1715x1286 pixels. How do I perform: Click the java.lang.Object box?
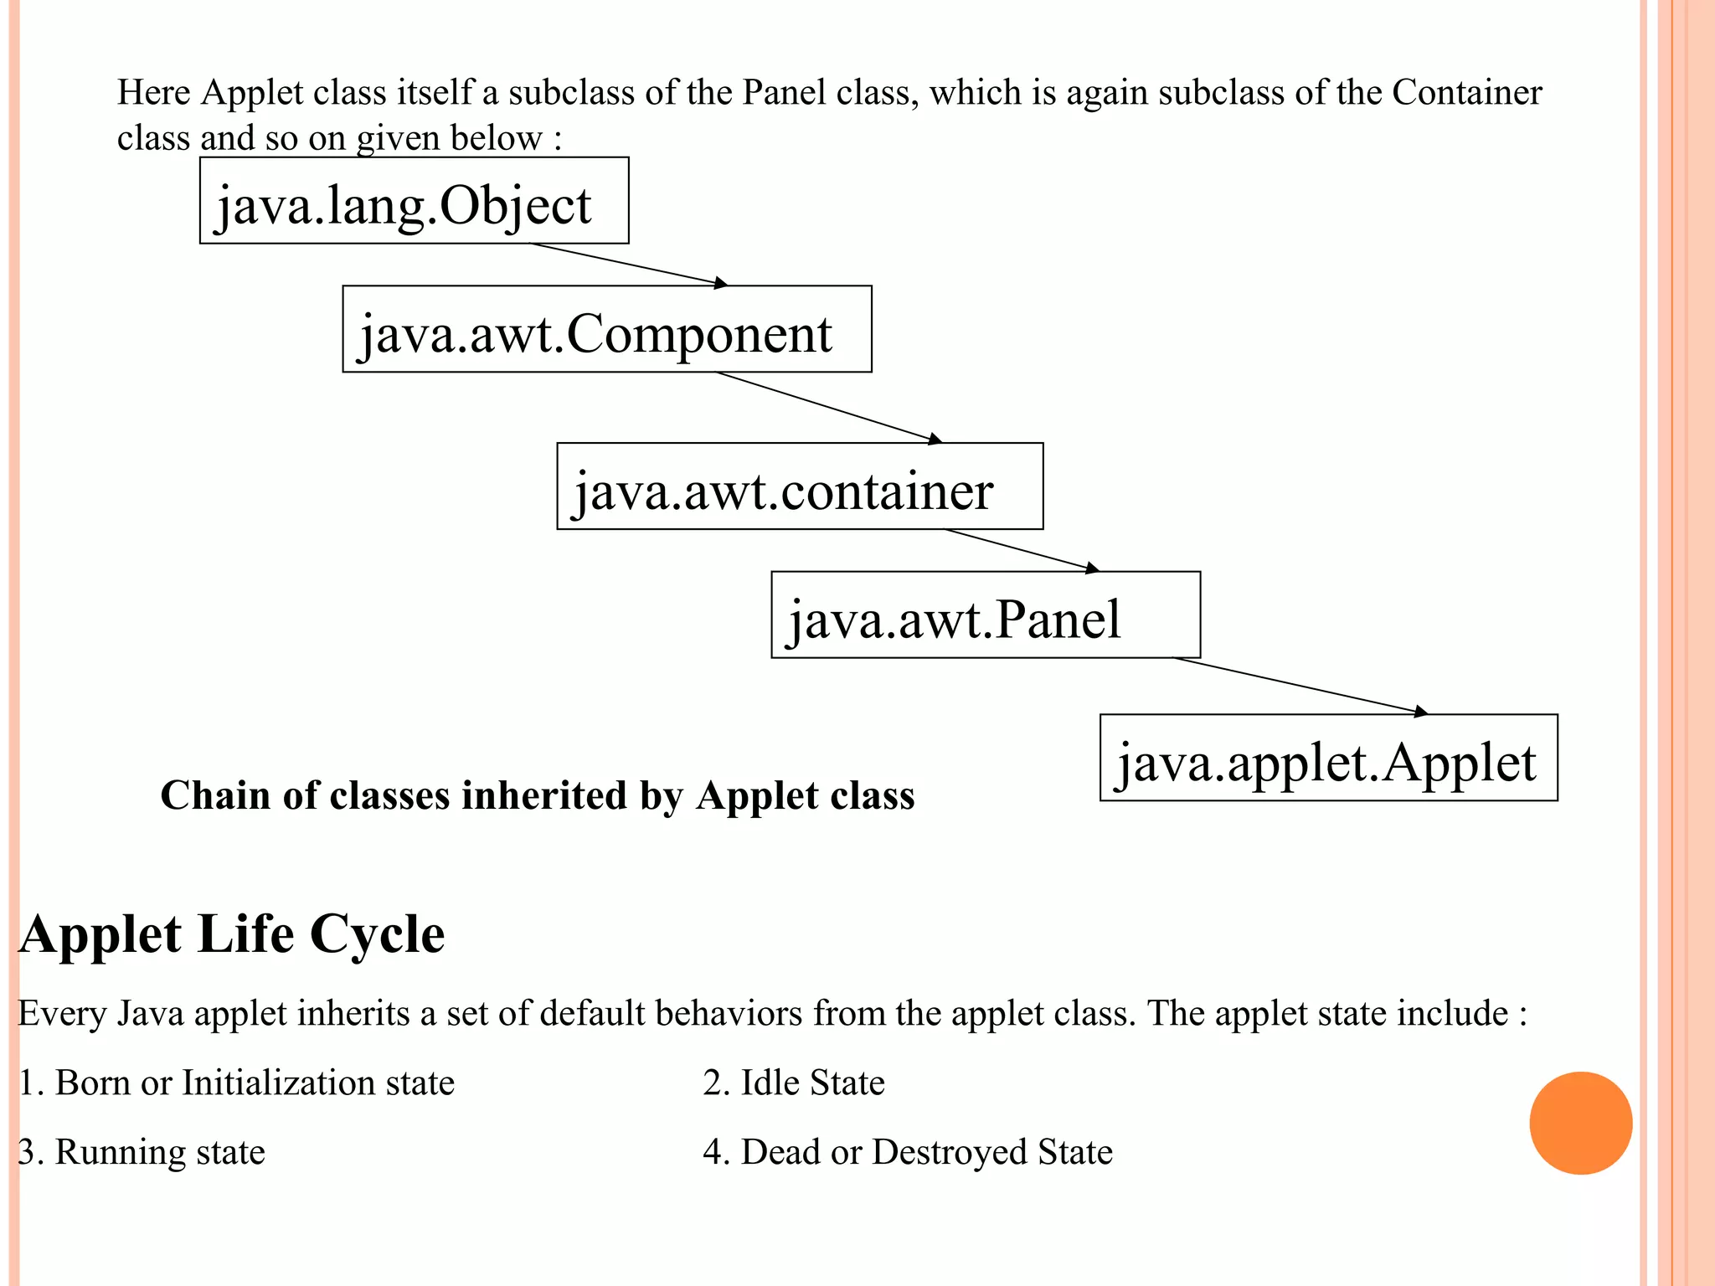tap(414, 201)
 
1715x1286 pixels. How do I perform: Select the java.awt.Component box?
tap(606, 329)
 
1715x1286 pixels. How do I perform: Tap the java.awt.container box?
tap(800, 486)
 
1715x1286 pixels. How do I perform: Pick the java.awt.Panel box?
tap(986, 615)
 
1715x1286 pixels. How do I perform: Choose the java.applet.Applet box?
tap(1328, 758)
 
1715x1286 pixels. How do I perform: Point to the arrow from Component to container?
tap(829, 408)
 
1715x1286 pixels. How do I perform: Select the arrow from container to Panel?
tap(1022, 551)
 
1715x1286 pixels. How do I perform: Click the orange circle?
tap(1580, 1123)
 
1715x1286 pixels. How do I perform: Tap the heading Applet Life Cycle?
tap(232, 934)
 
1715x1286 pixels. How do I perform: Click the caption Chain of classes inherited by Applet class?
tap(538, 795)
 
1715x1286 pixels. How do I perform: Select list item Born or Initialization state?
tap(236, 1083)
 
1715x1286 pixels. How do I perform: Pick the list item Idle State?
tap(794, 1083)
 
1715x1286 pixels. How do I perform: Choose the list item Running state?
tap(142, 1152)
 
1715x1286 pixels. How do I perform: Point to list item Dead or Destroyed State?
tap(908, 1152)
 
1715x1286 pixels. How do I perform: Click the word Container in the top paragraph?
tap(1466, 92)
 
